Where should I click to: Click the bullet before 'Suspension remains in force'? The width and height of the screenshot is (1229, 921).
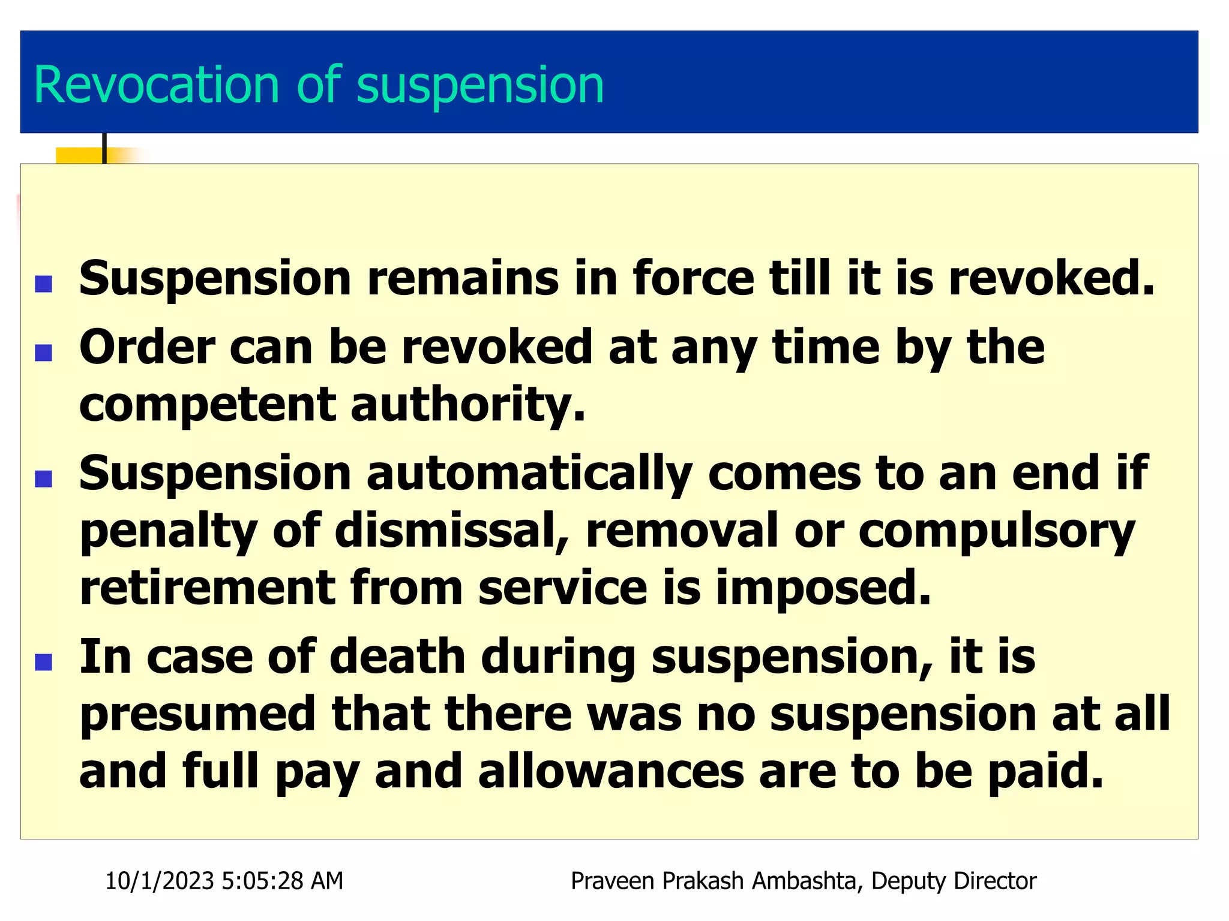[x=44, y=284]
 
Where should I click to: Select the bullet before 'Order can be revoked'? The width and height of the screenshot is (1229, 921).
[x=44, y=353]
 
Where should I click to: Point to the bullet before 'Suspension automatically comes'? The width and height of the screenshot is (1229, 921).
[x=44, y=479]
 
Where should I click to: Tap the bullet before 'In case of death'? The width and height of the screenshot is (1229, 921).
[x=44, y=662]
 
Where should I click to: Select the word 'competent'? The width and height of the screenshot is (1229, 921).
[x=207, y=404]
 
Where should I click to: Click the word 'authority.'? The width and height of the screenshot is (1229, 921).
[x=467, y=405]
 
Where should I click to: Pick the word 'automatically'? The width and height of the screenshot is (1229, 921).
[x=529, y=474]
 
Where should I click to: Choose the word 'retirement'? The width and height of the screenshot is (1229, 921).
[x=207, y=588]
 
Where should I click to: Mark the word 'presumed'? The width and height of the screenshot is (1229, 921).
[x=198, y=715]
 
